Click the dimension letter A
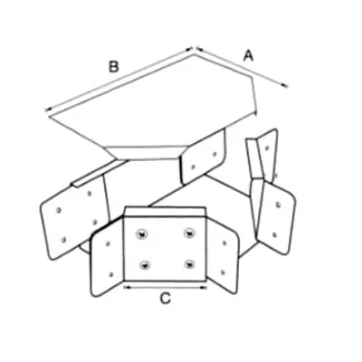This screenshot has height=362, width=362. pos(248,56)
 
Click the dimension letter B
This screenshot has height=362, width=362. pos(113,67)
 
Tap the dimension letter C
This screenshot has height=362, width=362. pos(165,299)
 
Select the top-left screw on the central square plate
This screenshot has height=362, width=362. pos(141,233)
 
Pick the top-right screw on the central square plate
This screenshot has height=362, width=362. pos(189,233)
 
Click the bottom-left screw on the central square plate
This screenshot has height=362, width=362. pos(146,265)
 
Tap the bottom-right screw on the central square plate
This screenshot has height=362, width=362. pos(189,264)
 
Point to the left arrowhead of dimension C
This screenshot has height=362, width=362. pos(127,288)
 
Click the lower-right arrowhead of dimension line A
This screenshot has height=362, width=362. pos(284,86)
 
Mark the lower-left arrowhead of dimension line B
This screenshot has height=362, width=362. pos(48,110)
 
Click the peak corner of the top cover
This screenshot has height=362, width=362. pos(194,54)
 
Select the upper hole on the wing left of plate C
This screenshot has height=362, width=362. pos(108,243)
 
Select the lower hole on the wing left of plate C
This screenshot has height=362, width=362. pos(111,274)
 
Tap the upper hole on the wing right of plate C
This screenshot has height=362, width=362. pos(224,243)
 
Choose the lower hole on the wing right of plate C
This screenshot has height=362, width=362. pos(223,272)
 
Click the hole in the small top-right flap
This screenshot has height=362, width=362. pos(267,148)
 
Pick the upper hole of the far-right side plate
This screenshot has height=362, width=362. pos(278,205)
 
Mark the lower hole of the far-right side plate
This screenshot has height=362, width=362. pos(274,234)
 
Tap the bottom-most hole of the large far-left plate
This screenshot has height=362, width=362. pos(63,240)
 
